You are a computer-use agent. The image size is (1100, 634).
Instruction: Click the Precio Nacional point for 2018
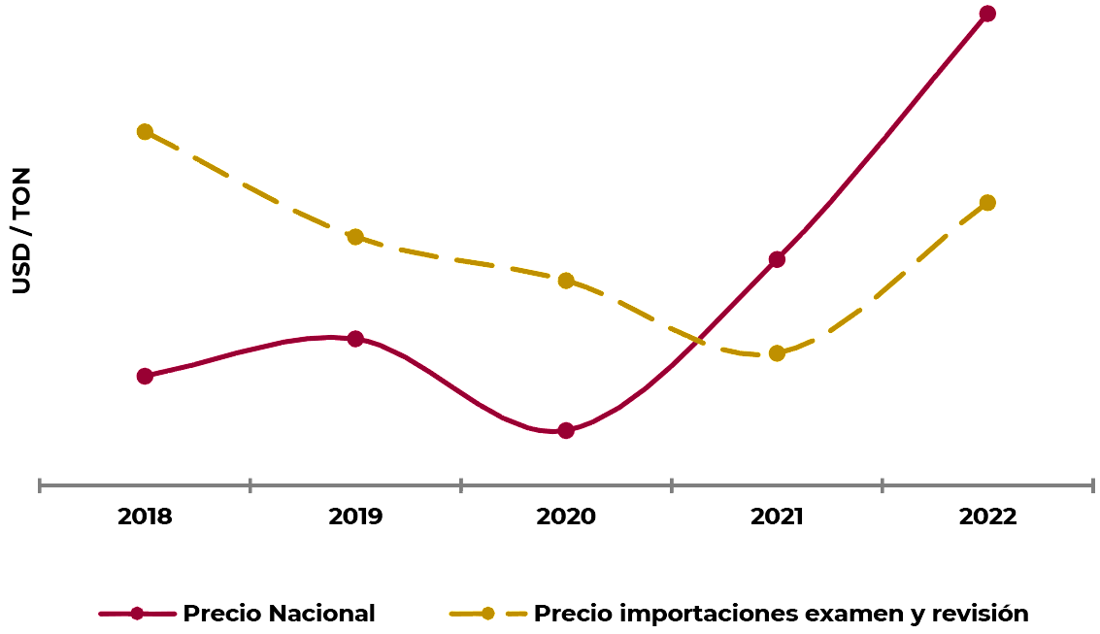[x=145, y=376]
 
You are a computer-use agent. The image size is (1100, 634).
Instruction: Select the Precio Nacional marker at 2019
[x=355, y=339]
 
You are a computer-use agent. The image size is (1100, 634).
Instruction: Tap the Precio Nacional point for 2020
[x=566, y=430]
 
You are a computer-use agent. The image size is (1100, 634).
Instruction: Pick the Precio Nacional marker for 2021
[x=777, y=259]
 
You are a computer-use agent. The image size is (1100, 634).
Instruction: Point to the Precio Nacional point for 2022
[x=987, y=14]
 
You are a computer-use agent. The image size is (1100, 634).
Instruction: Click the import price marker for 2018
[x=145, y=132]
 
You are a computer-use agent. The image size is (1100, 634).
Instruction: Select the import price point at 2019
[x=355, y=237]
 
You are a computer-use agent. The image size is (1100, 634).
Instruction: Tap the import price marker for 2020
[x=566, y=281]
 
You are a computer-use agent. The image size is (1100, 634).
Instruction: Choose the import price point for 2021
[x=777, y=353]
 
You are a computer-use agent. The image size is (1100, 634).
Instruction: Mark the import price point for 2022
[x=987, y=203]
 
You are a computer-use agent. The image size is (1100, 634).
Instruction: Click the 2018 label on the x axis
[x=145, y=517]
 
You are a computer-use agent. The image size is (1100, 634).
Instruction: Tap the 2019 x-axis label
[x=355, y=517]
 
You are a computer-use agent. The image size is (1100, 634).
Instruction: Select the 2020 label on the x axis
[x=566, y=517]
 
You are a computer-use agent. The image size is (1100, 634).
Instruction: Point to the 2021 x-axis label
[x=777, y=517]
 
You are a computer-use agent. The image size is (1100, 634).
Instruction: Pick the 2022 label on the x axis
[x=987, y=517]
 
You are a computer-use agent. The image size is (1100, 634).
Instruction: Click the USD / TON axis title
[x=21, y=231]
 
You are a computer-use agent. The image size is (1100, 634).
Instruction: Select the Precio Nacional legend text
[x=279, y=614]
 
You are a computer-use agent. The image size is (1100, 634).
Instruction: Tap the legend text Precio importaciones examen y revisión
[x=781, y=614]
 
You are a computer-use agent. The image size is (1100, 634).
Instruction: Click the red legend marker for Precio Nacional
[x=137, y=614]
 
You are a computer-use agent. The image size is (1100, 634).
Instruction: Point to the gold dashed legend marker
[x=487, y=614]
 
